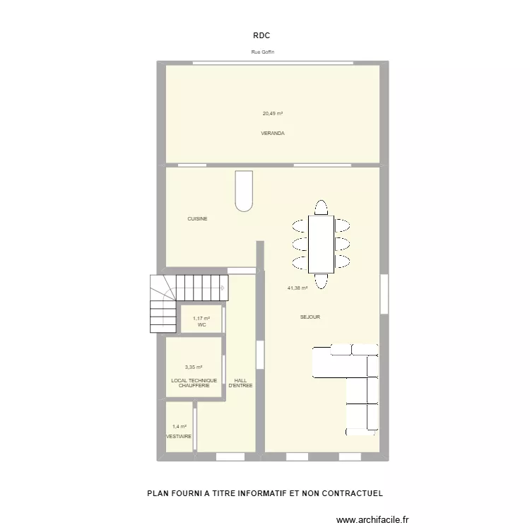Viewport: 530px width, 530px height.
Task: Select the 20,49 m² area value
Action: [x=273, y=113]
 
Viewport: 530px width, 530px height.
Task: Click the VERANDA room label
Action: [x=273, y=133]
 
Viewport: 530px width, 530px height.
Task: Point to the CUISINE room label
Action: [x=197, y=219]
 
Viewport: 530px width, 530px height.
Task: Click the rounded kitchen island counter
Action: [x=244, y=190]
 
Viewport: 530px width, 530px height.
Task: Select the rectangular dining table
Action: [x=321, y=244]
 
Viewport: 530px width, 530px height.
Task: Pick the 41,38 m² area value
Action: [x=297, y=288]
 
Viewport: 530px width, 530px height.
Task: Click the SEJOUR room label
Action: [x=310, y=317]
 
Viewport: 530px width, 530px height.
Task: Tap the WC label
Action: [x=201, y=325]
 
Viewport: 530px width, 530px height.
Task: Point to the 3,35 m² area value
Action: [x=194, y=367]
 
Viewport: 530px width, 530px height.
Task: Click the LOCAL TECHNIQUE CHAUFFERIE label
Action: [x=194, y=383]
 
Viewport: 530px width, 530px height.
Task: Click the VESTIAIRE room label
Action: [x=179, y=437]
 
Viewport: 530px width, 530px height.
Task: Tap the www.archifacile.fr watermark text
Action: [x=382, y=520]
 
